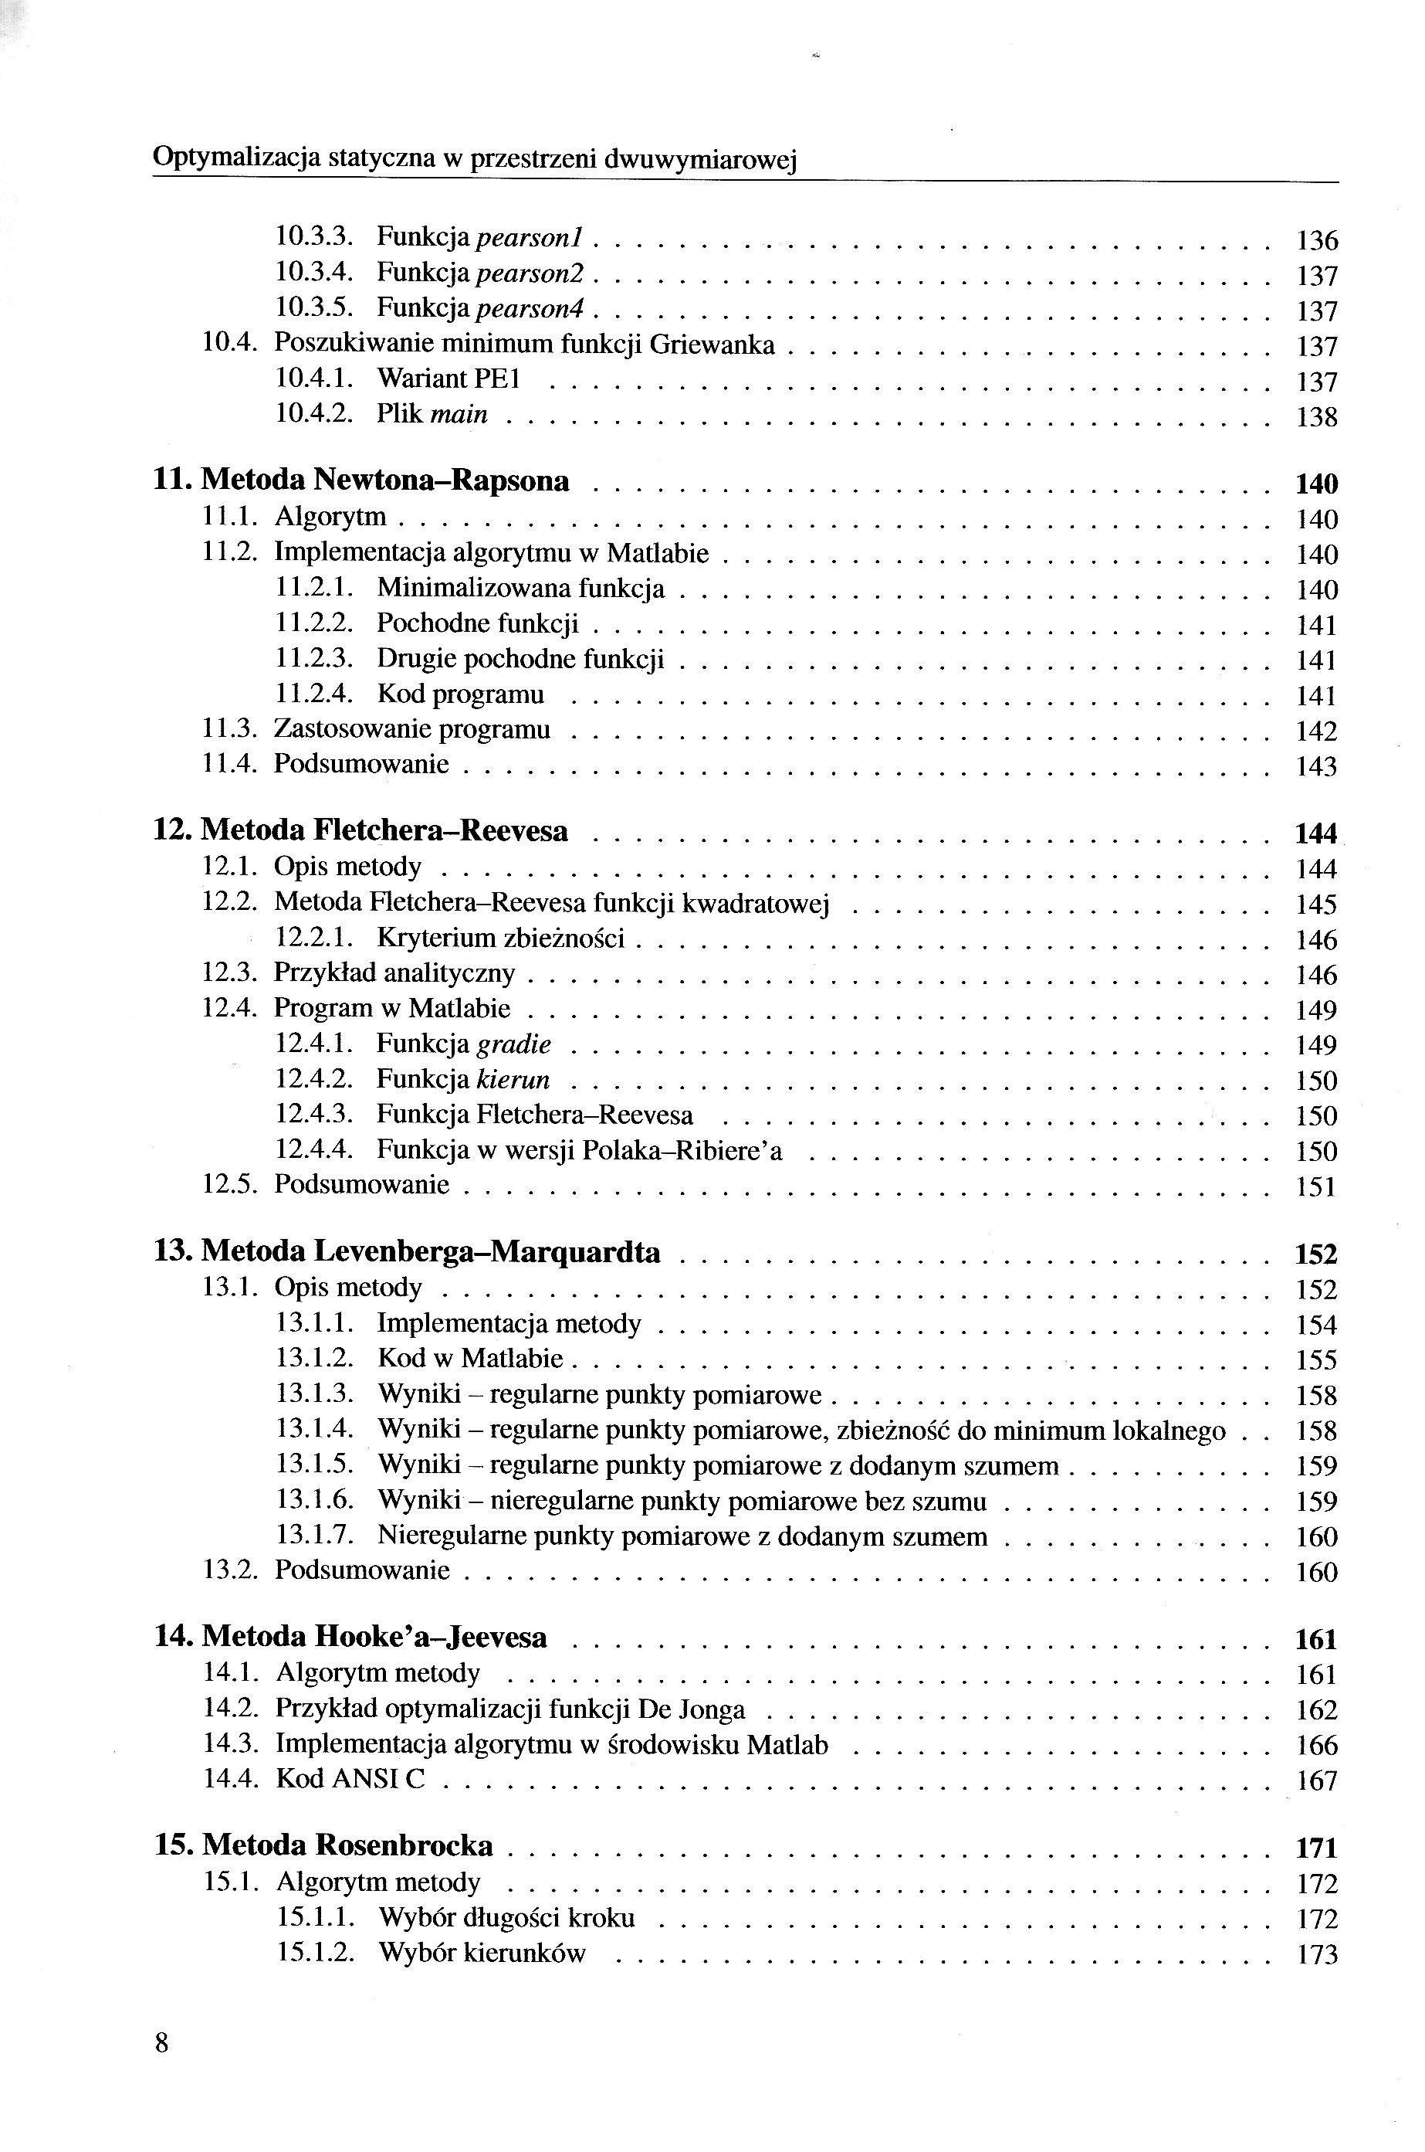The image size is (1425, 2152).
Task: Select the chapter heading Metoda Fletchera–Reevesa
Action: tap(384, 831)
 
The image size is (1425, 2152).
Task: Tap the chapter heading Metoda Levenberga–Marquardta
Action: tap(430, 1252)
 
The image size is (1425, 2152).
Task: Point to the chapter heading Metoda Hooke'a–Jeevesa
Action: tap(374, 1638)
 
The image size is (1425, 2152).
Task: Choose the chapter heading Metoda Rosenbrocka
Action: tap(347, 1845)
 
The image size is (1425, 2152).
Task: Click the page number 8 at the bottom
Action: tap(162, 2044)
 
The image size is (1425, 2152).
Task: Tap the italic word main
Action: tap(459, 416)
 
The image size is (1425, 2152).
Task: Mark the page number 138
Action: tap(1317, 417)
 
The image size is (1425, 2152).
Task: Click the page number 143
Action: tap(1317, 767)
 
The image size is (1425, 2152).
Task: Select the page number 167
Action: tap(1317, 1780)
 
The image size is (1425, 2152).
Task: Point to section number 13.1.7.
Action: tap(313, 1536)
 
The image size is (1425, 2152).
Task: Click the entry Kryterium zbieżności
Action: tap(501, 939)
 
